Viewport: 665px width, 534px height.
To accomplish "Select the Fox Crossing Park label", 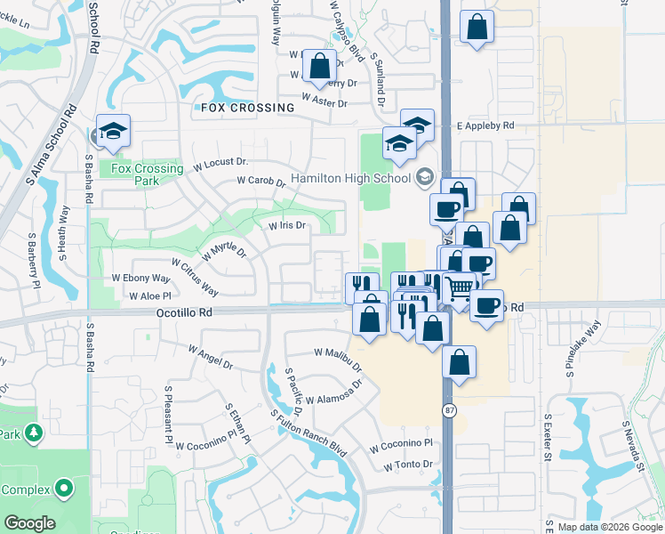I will [148, 174].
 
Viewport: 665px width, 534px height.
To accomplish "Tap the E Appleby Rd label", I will [485, 126].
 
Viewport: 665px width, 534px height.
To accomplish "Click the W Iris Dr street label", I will [287, 226].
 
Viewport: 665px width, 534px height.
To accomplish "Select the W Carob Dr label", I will [260, 182].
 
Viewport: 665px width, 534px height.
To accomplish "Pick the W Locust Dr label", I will [217, 163].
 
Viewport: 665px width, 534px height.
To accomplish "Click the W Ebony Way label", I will [140, 279].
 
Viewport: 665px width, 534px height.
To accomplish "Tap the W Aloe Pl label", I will [148, 295].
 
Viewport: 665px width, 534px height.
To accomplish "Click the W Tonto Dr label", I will [408, 465].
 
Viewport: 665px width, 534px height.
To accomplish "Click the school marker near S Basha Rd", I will [113, 130].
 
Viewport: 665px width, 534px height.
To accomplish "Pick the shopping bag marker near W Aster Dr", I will [319, 66].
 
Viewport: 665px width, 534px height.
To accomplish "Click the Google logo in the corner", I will [29, 523].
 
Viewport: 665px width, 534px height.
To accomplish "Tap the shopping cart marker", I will [459, 288].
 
